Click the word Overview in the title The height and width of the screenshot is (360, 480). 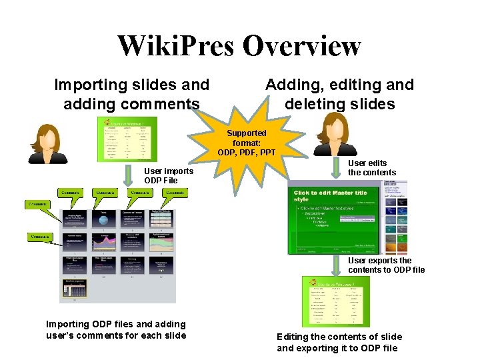point(301,46)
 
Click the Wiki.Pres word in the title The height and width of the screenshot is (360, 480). point(176,46)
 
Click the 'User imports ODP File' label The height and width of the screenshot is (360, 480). point(169,176)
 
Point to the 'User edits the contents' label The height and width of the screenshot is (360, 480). point(372,167)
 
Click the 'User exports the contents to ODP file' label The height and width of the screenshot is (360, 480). point(386,265)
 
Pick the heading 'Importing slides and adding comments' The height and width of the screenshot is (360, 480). point(131,94)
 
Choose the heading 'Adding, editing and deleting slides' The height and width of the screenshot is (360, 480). point(339,94)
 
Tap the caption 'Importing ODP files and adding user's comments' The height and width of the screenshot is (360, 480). point(116,329)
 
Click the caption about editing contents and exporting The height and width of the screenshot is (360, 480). point(339,342)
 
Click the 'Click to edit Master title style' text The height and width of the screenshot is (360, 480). point(331,196)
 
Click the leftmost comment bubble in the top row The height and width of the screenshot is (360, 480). point(72,193)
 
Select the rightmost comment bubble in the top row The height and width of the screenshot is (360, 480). point(174,193)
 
